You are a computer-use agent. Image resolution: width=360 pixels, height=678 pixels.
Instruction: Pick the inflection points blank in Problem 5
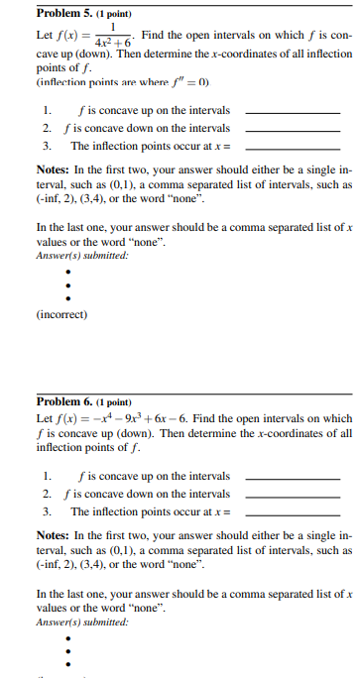tap(292, 147)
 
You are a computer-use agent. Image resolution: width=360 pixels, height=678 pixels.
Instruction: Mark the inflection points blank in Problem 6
tap(292, 512)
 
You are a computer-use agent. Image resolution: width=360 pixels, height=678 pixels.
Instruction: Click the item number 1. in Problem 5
tap(46, 111)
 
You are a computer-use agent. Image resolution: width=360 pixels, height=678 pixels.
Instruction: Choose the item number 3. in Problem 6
tap(46, 511)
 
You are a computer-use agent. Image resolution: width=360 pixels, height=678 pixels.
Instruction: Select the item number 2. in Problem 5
tap(46, 128)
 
